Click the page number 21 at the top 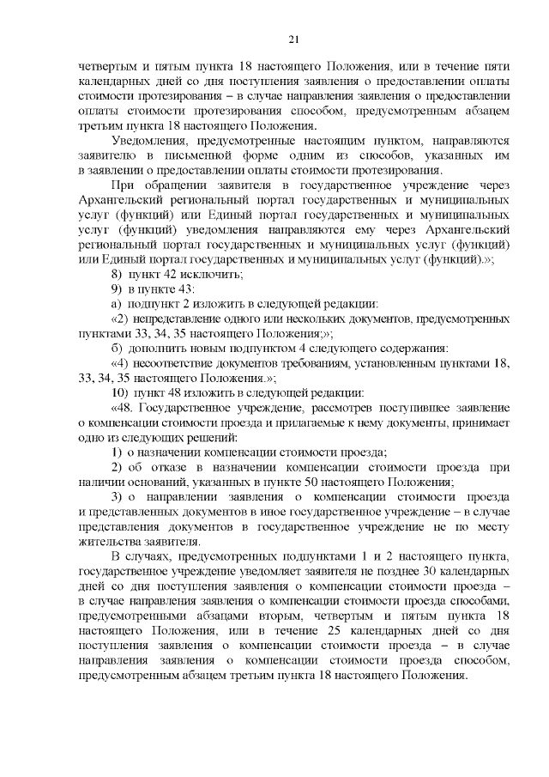pos(293,39)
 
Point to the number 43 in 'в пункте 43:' pos(184,288)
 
